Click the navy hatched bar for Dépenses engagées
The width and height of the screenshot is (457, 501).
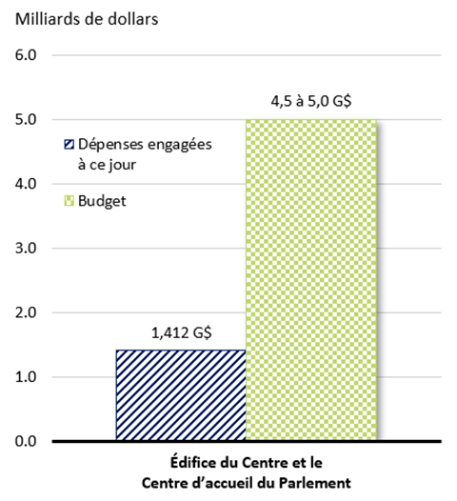(180, 395)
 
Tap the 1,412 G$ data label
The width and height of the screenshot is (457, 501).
(181, 333)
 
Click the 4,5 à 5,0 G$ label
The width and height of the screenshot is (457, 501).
(311, 100)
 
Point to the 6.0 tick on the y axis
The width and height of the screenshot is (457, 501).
(26, 55)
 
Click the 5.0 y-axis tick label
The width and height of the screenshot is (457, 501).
(26, 120)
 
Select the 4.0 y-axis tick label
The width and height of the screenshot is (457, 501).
(26, 184)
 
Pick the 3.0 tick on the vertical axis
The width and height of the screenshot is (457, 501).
(26, 249)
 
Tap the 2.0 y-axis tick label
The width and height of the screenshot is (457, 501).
(26, 313)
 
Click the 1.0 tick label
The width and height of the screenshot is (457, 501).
(26, 377)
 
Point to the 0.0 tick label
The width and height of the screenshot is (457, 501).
(26, 442)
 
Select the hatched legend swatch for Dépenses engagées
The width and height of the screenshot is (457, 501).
(68, 146)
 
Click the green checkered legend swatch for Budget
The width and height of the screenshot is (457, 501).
(68, 201)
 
